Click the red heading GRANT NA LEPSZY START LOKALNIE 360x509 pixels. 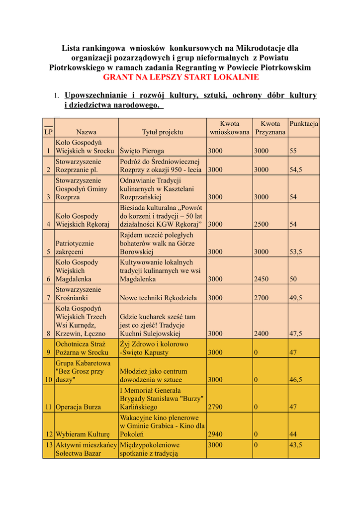180,77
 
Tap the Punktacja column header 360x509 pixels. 304,123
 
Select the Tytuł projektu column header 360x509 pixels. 162,132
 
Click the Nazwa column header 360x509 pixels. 86,132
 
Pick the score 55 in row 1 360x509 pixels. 293,151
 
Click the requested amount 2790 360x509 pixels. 215,407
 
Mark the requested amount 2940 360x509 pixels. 215,434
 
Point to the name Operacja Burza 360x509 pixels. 78,407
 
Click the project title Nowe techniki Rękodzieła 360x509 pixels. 158,298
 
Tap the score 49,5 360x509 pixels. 296,298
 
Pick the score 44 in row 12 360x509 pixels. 293,434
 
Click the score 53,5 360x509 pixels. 296,252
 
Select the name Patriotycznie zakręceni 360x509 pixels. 75,248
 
